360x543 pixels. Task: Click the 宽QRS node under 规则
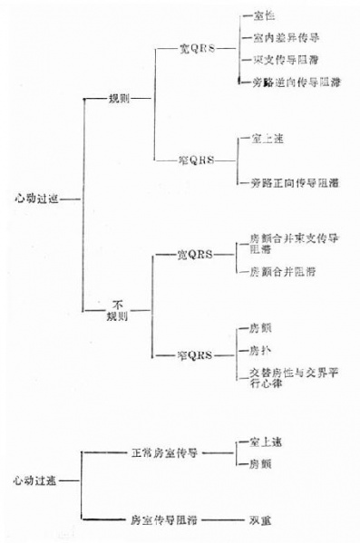[195, 50]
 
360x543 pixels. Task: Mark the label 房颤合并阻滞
[283, 272]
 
